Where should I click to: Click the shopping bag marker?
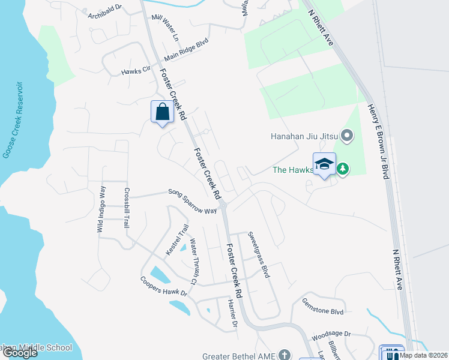point(162,112)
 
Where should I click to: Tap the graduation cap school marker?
point(324,164)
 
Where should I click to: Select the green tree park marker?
point(343,169)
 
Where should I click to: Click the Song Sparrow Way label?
point(192,200)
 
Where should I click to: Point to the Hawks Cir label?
point(135,71)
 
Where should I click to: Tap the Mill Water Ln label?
point(166,28)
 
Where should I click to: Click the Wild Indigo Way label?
point(101,209)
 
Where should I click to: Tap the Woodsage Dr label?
point(331,333)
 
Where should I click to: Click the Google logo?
point(20,353)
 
